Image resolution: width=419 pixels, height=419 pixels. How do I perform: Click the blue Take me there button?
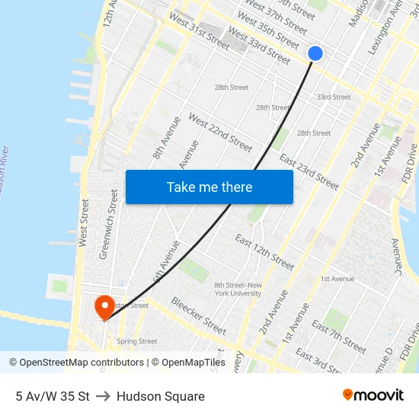pos(209,187)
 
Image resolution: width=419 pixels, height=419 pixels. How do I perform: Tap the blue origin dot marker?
pos(315,53)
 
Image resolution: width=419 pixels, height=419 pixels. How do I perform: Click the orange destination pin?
pos(104,307)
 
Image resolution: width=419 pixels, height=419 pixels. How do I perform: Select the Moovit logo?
pos(373,395)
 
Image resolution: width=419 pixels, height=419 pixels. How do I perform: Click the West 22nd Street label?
pos(220,133)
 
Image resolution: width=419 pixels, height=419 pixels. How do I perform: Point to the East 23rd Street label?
pos(309,171)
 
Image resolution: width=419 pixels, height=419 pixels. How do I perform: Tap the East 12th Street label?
pos(264,252)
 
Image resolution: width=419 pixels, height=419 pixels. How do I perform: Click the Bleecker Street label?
pos(198,315)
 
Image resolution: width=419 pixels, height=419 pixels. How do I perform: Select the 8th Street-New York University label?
pos(238,289)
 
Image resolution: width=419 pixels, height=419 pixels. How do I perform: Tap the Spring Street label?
pos(137,341)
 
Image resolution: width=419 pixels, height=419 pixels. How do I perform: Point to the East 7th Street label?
pos(339,336)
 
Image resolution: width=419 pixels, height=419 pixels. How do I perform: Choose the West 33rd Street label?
pos(259,46)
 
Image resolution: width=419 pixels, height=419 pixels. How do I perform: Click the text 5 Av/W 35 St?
pos(52,396)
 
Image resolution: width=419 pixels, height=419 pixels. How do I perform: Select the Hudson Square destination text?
pos(161,396)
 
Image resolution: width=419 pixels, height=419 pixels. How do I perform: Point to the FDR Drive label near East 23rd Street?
pos(410,164)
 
